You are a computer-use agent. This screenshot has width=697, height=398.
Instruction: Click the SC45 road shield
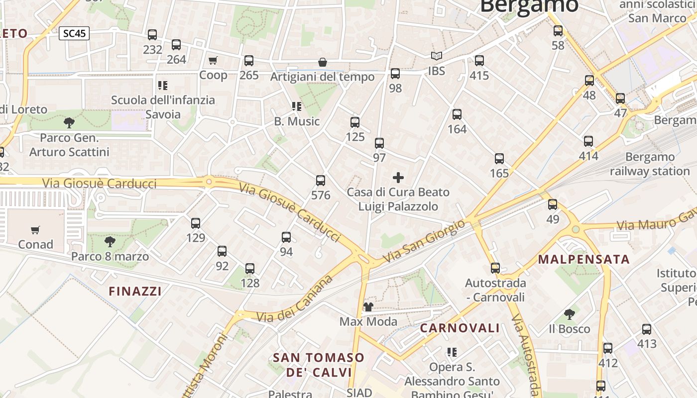75,33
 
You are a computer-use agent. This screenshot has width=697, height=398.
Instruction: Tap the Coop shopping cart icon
213,61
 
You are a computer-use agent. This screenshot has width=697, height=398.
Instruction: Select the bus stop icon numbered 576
321,181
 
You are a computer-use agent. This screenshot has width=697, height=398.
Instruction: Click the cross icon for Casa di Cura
398,177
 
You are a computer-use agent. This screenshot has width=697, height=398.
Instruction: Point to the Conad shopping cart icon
35,230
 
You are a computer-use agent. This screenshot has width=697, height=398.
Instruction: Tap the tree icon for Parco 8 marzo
110,242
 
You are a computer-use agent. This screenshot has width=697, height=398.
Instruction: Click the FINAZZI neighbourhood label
135,292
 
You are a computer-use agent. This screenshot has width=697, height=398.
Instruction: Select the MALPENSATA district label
584,259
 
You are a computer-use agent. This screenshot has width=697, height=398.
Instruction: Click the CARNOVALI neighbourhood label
460,328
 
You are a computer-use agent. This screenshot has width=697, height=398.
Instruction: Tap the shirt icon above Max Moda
368,306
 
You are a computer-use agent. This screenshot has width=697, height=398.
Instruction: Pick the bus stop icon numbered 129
196,223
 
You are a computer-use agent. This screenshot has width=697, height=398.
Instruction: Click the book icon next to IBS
437,56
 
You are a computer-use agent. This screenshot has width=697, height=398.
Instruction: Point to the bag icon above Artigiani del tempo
323,62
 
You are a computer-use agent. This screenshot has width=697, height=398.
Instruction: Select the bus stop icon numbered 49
553,204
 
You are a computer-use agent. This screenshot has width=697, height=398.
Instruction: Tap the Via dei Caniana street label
295,299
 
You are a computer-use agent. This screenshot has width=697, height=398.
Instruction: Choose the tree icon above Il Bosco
570,314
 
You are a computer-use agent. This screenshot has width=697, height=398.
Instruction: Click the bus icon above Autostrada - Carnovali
495,268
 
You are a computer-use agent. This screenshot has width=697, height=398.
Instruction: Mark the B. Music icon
297,106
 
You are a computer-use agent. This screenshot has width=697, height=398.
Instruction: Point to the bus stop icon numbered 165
499,159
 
